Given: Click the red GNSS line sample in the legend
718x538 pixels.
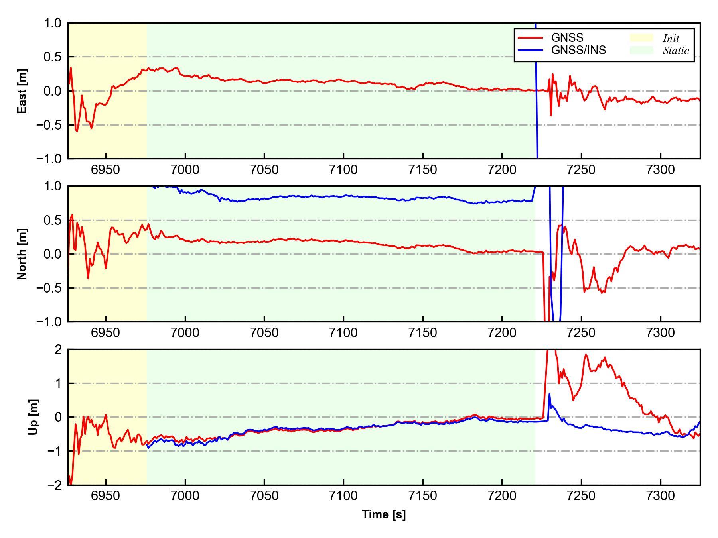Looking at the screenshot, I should point(530,38).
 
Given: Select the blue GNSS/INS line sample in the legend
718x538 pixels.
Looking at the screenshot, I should point(530,50).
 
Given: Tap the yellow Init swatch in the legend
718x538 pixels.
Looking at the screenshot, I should point(641,38).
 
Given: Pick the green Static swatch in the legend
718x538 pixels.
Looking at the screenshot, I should point(641,50).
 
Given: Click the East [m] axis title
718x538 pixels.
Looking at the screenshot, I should point(23,91).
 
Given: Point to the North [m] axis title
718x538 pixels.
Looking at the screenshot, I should point(23,254).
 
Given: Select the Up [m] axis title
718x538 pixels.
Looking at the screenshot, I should point(34,417).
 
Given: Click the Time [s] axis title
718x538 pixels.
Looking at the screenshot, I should point(384,515).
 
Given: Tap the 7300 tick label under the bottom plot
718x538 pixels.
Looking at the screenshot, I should point(661,496).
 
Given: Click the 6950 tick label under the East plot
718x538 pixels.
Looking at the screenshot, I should point(106,170).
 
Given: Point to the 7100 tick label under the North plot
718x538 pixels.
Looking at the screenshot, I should point(343,333).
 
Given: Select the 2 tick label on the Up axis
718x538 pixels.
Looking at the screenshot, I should point(59,350).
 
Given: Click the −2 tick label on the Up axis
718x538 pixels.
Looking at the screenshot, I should point(55,485).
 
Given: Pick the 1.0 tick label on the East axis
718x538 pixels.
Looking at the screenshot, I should point(53,23).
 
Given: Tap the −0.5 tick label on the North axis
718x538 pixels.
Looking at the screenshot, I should point(49,288).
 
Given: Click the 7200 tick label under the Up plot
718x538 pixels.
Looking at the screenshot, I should point(502,496).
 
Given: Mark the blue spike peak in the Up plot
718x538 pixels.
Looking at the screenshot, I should point(549,394).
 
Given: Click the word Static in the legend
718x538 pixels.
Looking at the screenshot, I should point(676,51).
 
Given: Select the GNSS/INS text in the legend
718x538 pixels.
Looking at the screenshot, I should point(578,50).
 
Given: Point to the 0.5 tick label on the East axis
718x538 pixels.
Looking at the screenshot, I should point(53,57).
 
